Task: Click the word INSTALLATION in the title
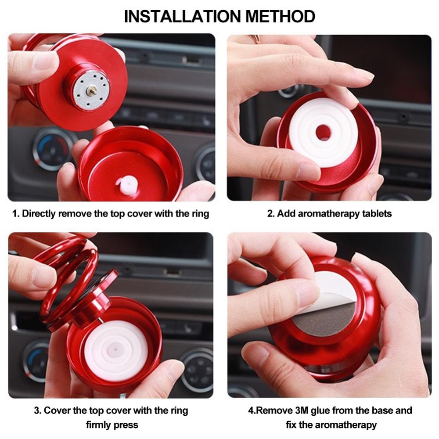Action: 183,16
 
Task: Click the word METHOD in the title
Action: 280,16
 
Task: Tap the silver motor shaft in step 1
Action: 92,90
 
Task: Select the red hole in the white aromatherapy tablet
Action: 323,132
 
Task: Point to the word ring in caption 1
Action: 201,214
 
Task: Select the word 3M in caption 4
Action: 302,410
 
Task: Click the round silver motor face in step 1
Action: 92,90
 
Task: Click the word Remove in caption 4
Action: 274,410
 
